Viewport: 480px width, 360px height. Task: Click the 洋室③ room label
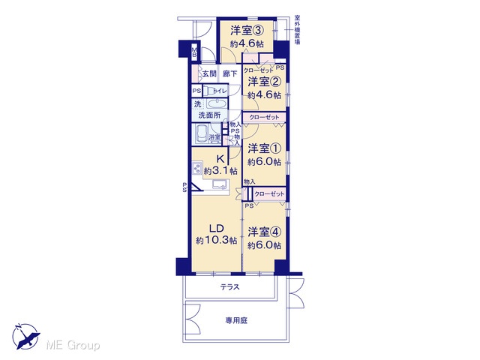click(x=247, y=30)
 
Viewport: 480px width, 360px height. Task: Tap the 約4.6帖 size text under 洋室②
click(x=265, y=95)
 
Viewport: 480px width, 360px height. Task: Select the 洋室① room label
click(x=265, y=148)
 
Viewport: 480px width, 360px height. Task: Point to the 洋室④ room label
click(x=265, y=232)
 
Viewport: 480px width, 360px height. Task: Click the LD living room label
click(x=217, y=228)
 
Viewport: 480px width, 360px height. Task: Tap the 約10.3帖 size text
click(x=217, y=240)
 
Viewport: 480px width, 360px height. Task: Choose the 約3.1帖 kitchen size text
click(x=220, y=170)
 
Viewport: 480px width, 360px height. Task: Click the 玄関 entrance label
click(x=209, y=73)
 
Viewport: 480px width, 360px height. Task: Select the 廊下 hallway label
click(x=230, y=73)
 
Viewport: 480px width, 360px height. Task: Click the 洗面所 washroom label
click(x=210, y=115)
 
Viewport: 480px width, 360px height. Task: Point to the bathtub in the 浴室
click(x=201, y=133)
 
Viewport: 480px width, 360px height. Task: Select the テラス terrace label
click(x=230, y=287)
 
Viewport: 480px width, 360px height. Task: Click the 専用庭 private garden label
click(x=236, y=321)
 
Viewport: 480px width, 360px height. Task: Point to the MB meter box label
click(x=194, y=52)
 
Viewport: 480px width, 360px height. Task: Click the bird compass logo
click(x=26, y=337)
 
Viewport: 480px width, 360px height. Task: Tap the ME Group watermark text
click(x=73, y=346)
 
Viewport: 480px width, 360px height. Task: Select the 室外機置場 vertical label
click(x=297, y=30)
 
